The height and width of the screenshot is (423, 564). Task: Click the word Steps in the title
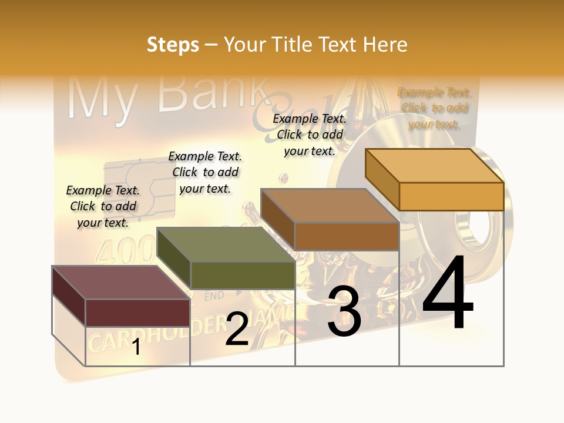[x=173, y=45]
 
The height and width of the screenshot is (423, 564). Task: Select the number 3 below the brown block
[x=344, y=311]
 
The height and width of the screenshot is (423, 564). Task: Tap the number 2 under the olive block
[x=237, y=329]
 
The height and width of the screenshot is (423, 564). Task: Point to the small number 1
[x=136, y=347]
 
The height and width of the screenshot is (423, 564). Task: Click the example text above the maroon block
[x=103, y=206]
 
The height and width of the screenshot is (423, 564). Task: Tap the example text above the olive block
[x=205, y=172]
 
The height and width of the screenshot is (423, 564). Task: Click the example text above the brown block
[x=310, y=135]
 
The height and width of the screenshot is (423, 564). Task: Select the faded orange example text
[x=435, y=108]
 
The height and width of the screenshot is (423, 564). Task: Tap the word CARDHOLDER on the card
[x=156, y=335]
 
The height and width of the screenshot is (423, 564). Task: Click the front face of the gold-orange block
[x=451, y=196]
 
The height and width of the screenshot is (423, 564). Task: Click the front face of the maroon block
[x=137, y=313]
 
